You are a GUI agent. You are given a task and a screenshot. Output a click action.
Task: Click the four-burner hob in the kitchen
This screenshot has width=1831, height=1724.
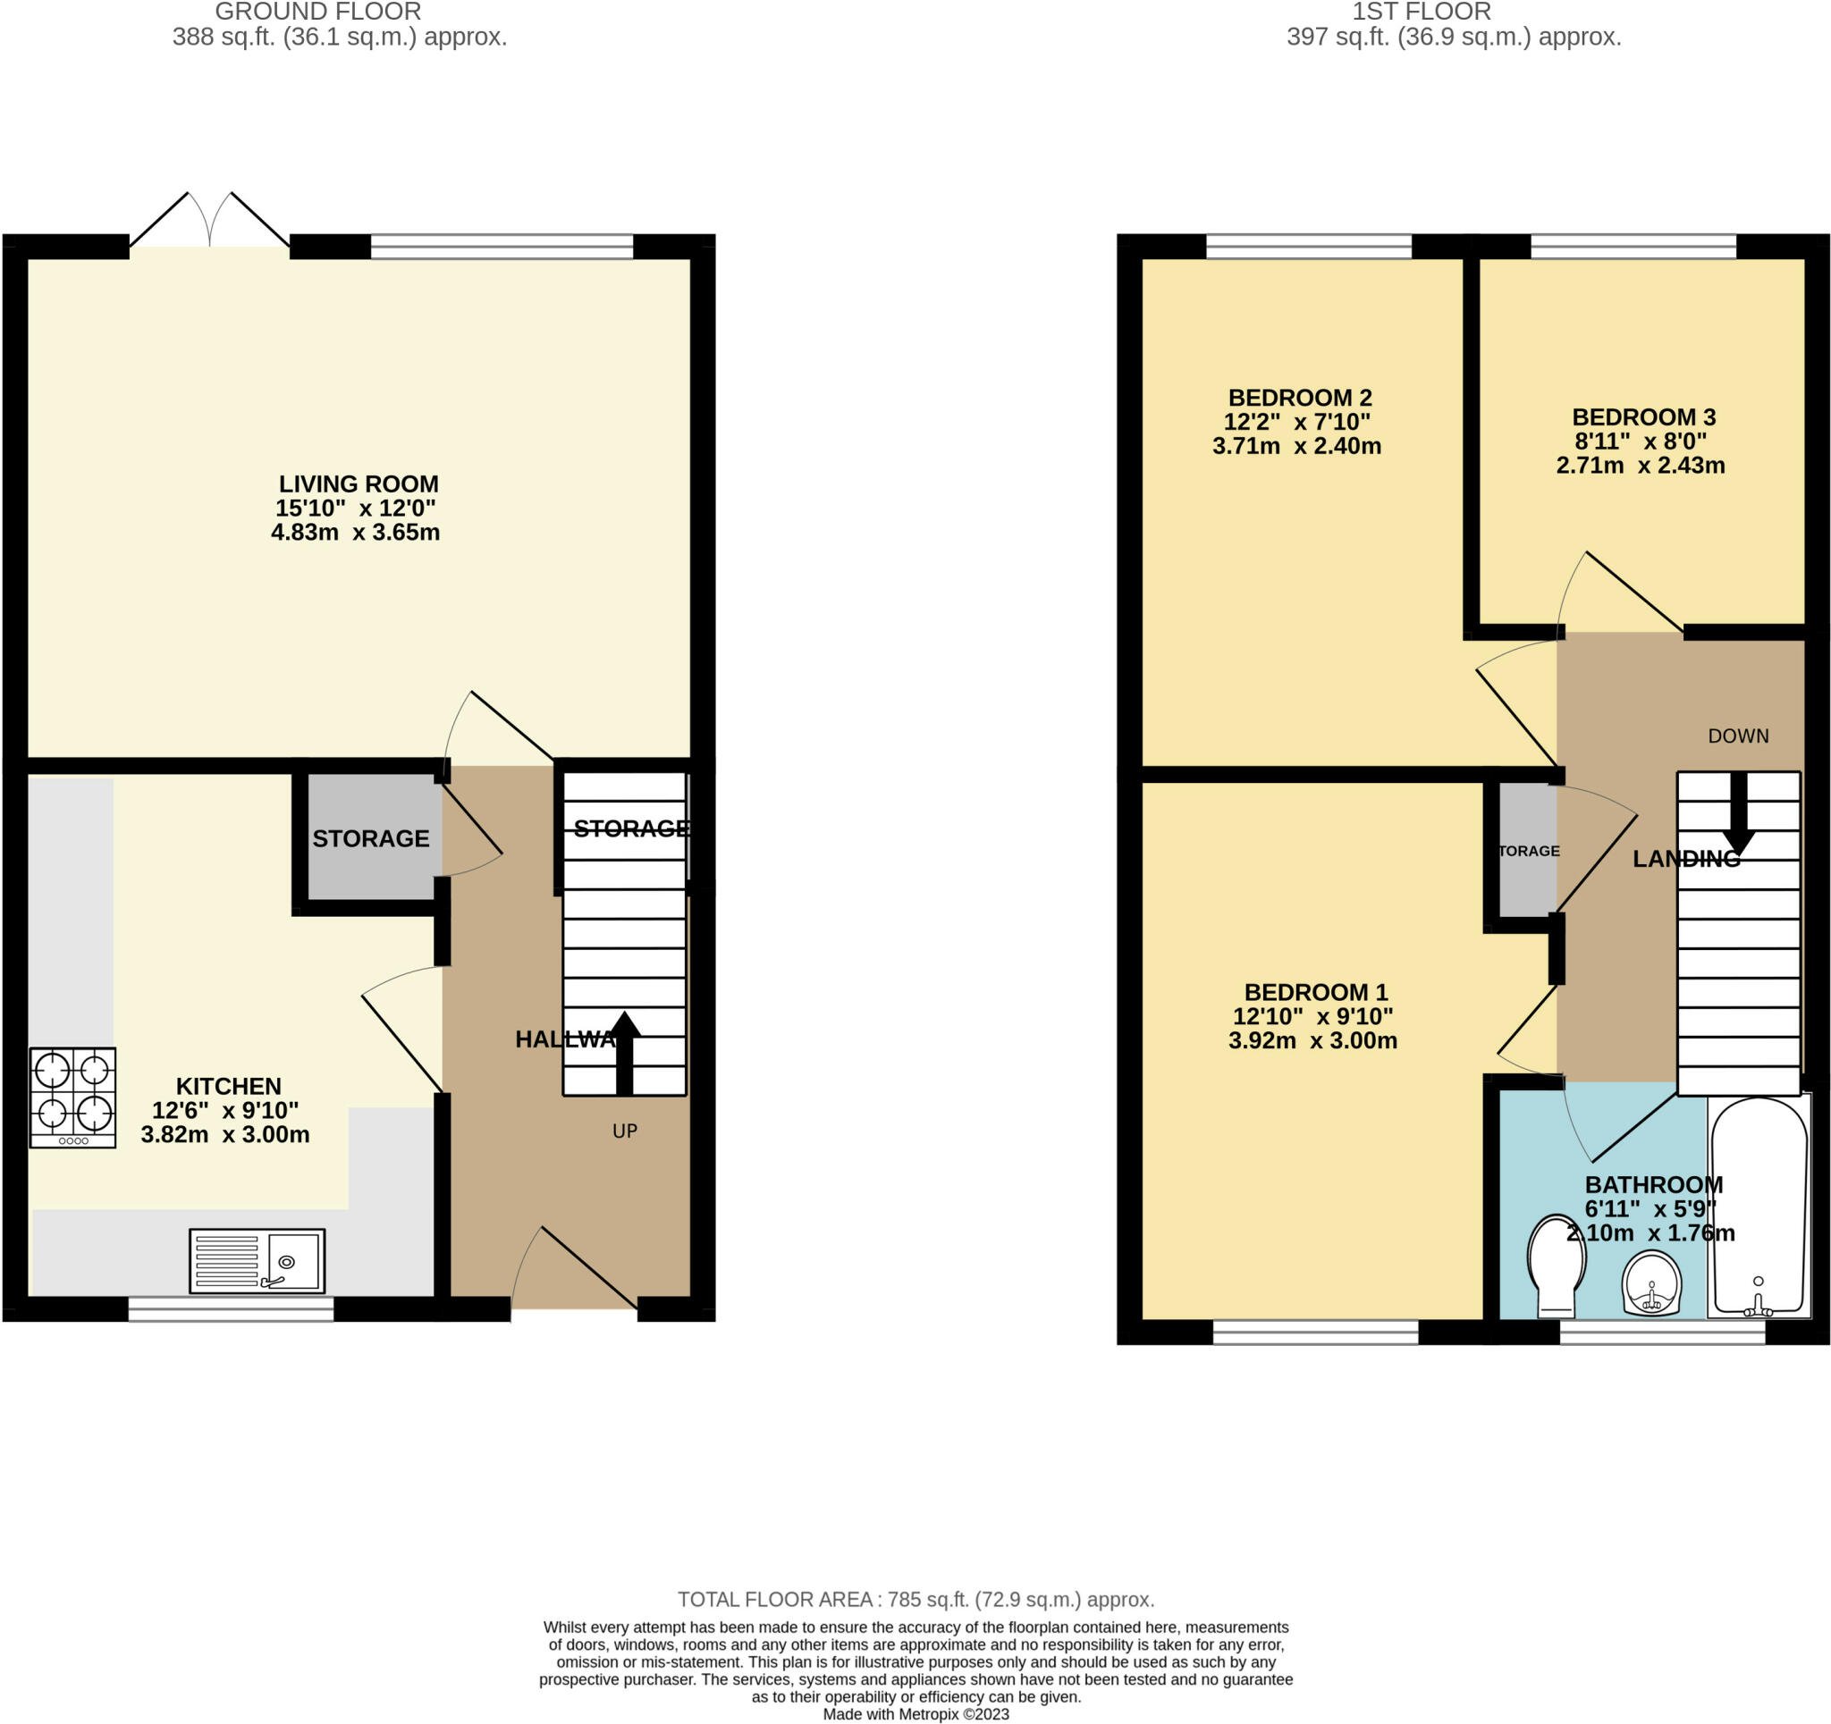(x=72, y=1097)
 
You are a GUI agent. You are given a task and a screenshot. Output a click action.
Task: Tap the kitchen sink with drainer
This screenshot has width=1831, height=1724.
(x=257, y=1260)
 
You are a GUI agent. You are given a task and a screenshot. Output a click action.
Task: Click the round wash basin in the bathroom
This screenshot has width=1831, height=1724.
(x=1652, y=1282)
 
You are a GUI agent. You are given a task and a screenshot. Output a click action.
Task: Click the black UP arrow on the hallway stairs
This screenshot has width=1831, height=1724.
(x=624, y=1050)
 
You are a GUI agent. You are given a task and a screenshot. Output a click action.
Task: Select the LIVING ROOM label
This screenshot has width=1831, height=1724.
(x=359, y=484)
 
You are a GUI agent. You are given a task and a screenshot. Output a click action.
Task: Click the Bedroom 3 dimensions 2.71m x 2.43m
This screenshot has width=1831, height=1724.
(x=1641, y=465)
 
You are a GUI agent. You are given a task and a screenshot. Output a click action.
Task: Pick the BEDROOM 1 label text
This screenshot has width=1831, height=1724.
(x=1315, y=992)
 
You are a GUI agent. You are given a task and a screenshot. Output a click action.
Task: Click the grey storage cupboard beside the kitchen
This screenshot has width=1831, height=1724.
(x=371, y=837)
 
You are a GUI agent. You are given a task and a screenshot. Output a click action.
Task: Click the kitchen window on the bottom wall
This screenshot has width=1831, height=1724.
(x=231, y=1308)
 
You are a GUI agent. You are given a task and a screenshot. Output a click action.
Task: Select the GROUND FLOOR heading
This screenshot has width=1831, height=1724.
(x=317, y=12)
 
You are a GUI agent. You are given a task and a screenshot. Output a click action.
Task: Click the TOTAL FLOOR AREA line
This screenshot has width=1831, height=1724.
(x=915, y=1599)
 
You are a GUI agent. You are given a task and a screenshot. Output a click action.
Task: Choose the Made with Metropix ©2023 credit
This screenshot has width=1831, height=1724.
(x=915, y=1714)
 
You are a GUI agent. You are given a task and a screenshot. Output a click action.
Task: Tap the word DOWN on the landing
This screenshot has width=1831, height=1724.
(x=1738, y=736)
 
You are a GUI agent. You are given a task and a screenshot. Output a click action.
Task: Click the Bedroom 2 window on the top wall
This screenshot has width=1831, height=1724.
(x=1308, y=246)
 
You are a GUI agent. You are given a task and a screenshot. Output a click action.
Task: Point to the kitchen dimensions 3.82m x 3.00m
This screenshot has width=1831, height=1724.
(x=224, y=1135)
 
